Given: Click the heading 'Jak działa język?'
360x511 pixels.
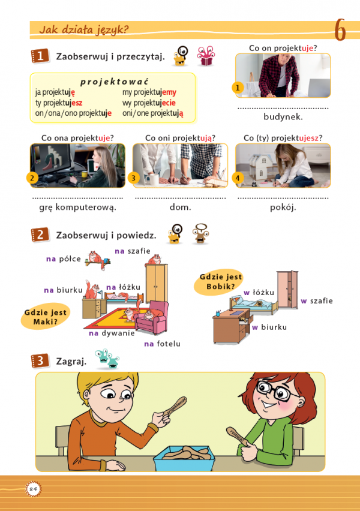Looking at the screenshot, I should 83,29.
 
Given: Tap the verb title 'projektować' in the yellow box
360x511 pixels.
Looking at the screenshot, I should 114,82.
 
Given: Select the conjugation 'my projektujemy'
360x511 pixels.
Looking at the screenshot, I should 149,92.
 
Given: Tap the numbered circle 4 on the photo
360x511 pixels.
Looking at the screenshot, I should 238,178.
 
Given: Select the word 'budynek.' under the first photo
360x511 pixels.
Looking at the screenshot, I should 283,117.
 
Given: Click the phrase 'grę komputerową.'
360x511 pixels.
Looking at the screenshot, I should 77,207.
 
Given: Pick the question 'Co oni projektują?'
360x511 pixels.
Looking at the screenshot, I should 180,137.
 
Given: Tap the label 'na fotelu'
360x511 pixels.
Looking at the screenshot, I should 162,344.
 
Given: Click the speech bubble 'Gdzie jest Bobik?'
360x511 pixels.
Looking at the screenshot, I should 218,281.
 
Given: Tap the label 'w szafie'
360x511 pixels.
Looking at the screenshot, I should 316,300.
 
